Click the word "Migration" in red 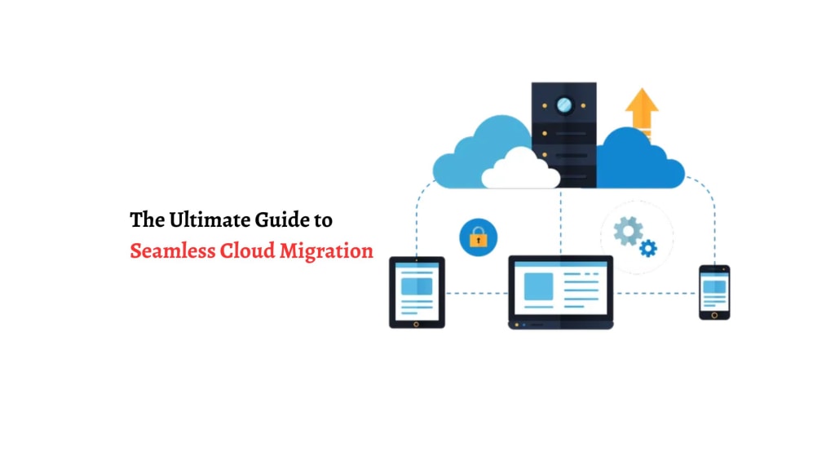[326, 251]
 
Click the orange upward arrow [642, 110]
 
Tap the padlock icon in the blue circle [478, 238]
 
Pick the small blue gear [648, 248]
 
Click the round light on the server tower [564, 104]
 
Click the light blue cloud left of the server [473, 155]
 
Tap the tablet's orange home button [417, 323]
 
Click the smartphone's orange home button [714, 314]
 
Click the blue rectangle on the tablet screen [417, 286]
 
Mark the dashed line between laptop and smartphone [656, 292]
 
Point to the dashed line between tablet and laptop [476, 292]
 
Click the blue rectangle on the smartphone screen [714, 286]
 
